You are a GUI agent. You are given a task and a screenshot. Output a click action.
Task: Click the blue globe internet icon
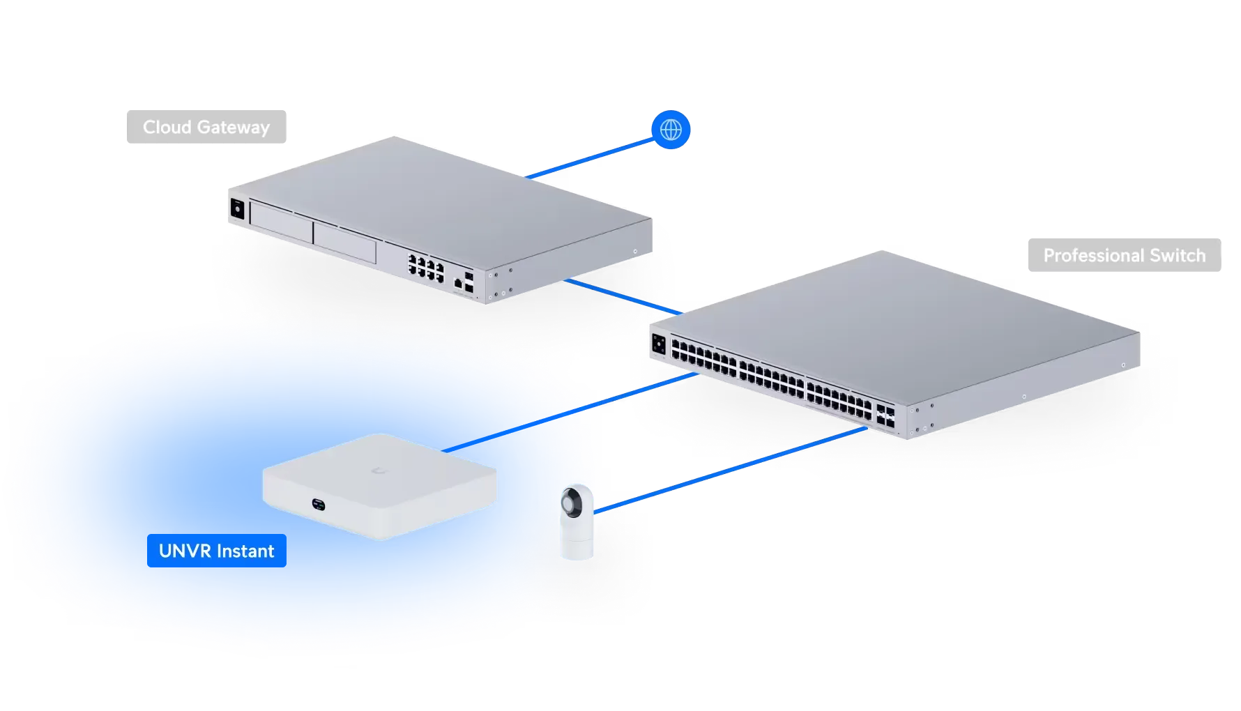click(x=670, y=130)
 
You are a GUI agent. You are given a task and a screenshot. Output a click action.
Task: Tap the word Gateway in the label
click(x=232, y=128)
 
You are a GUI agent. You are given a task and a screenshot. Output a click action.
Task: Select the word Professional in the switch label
click(x=1093, y=256)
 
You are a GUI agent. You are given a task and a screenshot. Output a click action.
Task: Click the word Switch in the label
click(x=1178, y=256)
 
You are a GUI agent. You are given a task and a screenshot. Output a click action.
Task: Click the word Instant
click(x=246, y=551)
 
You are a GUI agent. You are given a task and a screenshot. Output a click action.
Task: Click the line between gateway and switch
click(x=620, y=296)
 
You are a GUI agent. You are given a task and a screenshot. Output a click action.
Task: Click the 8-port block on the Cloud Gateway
click(x=426, y=268)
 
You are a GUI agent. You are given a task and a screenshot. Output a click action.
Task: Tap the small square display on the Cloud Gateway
click(x=236, y=208)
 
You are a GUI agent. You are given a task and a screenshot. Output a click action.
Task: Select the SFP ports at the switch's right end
click(x=886, y=416)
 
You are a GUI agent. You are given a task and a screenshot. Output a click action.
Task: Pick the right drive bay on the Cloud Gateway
click(x=344, y=241)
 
